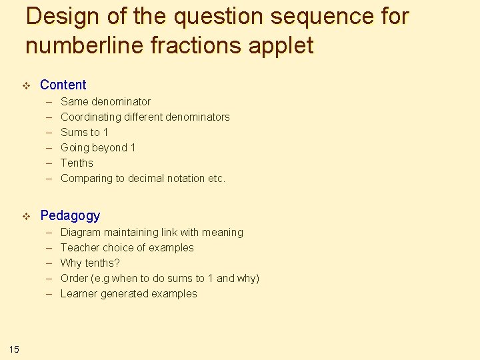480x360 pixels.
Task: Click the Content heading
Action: (63, 85)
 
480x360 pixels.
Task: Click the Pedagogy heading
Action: (70, 215)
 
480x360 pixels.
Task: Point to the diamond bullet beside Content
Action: (27, 85)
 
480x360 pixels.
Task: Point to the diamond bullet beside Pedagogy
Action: (27, 216)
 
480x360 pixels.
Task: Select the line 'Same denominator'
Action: (105, 102)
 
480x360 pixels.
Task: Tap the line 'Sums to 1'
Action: (84, 133)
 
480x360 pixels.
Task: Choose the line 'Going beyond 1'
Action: (97, 148)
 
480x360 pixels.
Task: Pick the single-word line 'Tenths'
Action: (77, 163)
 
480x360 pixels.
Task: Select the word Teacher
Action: (79, 248)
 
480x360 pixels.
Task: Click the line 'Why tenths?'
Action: (90, 263)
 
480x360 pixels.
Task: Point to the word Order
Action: (73, 279)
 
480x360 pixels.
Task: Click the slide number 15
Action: (15, 348)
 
